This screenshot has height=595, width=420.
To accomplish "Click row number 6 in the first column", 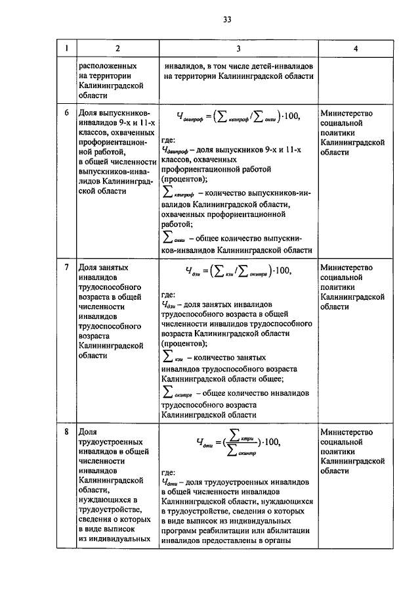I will click(x=66, y=112).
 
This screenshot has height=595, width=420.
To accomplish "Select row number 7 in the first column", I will click(x=66, y=268).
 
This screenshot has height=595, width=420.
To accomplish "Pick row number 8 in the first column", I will click(x=66, y=432).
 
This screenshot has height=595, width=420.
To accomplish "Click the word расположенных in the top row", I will click(x=108, y=66).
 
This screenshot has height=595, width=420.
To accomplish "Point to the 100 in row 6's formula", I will click(x=289, y=117).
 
